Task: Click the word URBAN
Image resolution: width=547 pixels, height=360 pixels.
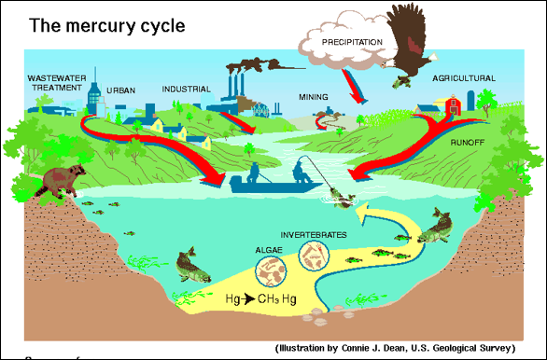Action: click(120, 90)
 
